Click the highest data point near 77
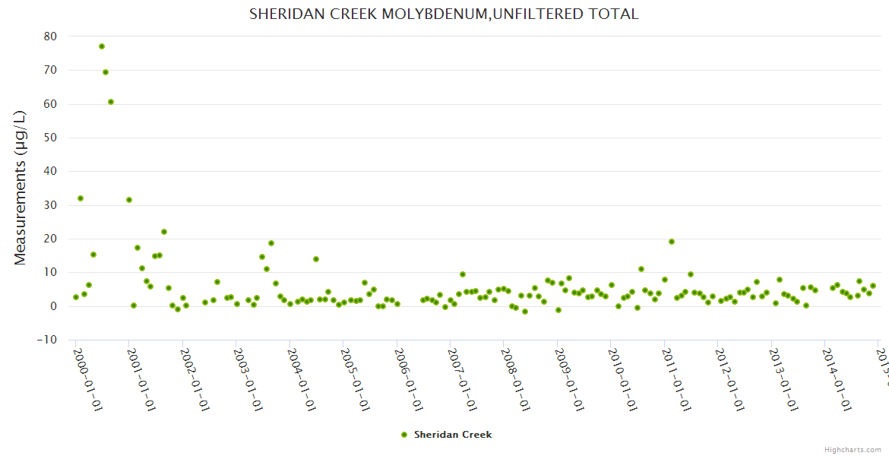tap(102, 46)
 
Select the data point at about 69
tap(106, 72)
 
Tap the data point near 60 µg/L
tap(111, 102)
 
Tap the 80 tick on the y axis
tap(50, 36)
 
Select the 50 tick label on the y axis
tap(50, 138)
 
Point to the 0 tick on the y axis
tap(53, 306)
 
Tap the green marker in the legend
tap(404, 435)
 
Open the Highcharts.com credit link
tap(853, 449)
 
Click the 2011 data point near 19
tap(672, 242)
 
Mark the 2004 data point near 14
tap(316, 259)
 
